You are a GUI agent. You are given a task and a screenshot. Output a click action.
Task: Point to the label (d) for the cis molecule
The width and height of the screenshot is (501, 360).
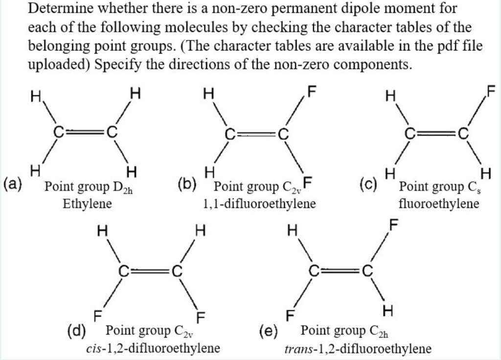77,331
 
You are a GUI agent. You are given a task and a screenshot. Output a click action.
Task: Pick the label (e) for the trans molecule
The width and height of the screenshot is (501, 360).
268,331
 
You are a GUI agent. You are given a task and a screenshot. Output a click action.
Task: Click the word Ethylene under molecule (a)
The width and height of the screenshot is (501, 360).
88,202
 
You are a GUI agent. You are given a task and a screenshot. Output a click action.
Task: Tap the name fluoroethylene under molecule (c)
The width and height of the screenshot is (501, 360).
439,202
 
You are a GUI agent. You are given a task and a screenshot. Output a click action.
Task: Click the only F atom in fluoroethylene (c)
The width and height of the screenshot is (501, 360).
491,90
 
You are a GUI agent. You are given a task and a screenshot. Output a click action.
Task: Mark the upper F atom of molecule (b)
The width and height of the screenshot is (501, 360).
312,91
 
